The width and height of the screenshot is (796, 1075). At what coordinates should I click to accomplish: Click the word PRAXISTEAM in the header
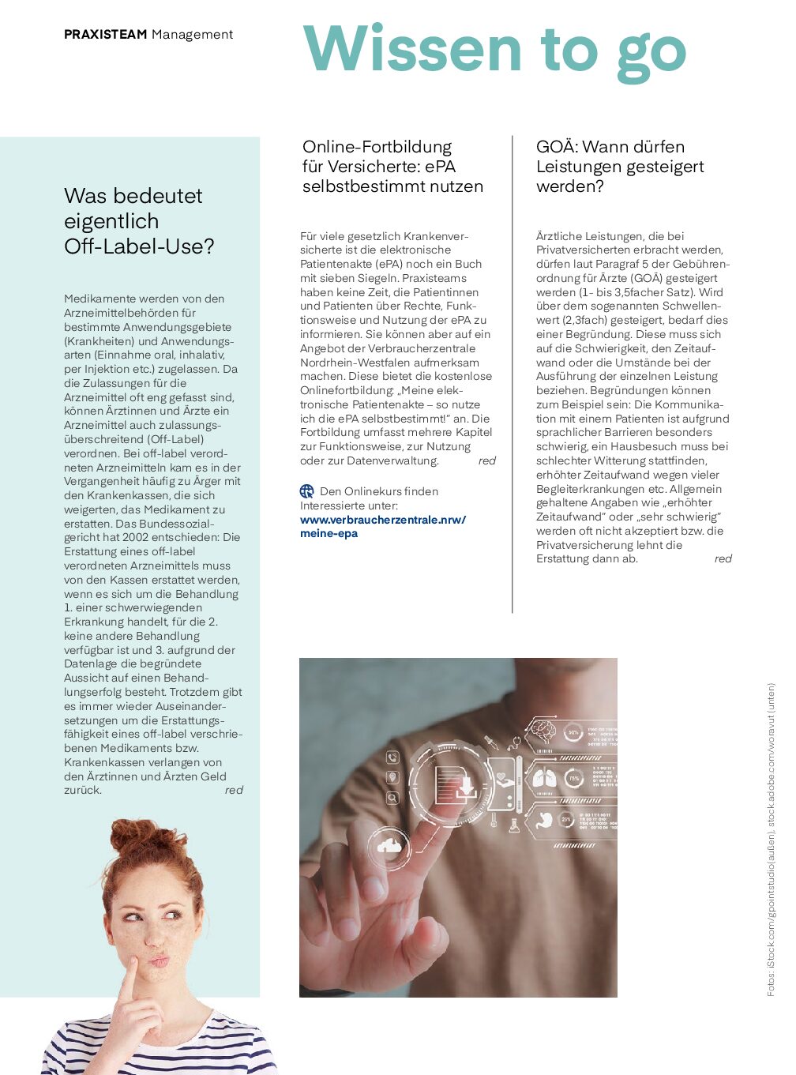click(105, 35)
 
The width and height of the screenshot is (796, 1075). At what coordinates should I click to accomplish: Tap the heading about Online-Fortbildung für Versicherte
click(392, 167)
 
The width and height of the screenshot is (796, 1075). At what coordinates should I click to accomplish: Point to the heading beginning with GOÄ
click(619, 167)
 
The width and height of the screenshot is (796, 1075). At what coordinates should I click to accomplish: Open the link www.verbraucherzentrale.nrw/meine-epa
click(382, 526)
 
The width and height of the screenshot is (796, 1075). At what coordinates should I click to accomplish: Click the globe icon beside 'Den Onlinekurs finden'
click(307, 491)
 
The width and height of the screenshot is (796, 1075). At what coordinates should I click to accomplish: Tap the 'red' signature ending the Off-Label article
click(234, 790)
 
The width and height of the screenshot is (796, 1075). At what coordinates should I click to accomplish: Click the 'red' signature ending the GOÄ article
click(723, 558)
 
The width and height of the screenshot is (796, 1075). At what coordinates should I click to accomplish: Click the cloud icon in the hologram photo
click(389, 846)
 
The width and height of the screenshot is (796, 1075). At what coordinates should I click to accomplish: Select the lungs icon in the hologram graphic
click(543, 779)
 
